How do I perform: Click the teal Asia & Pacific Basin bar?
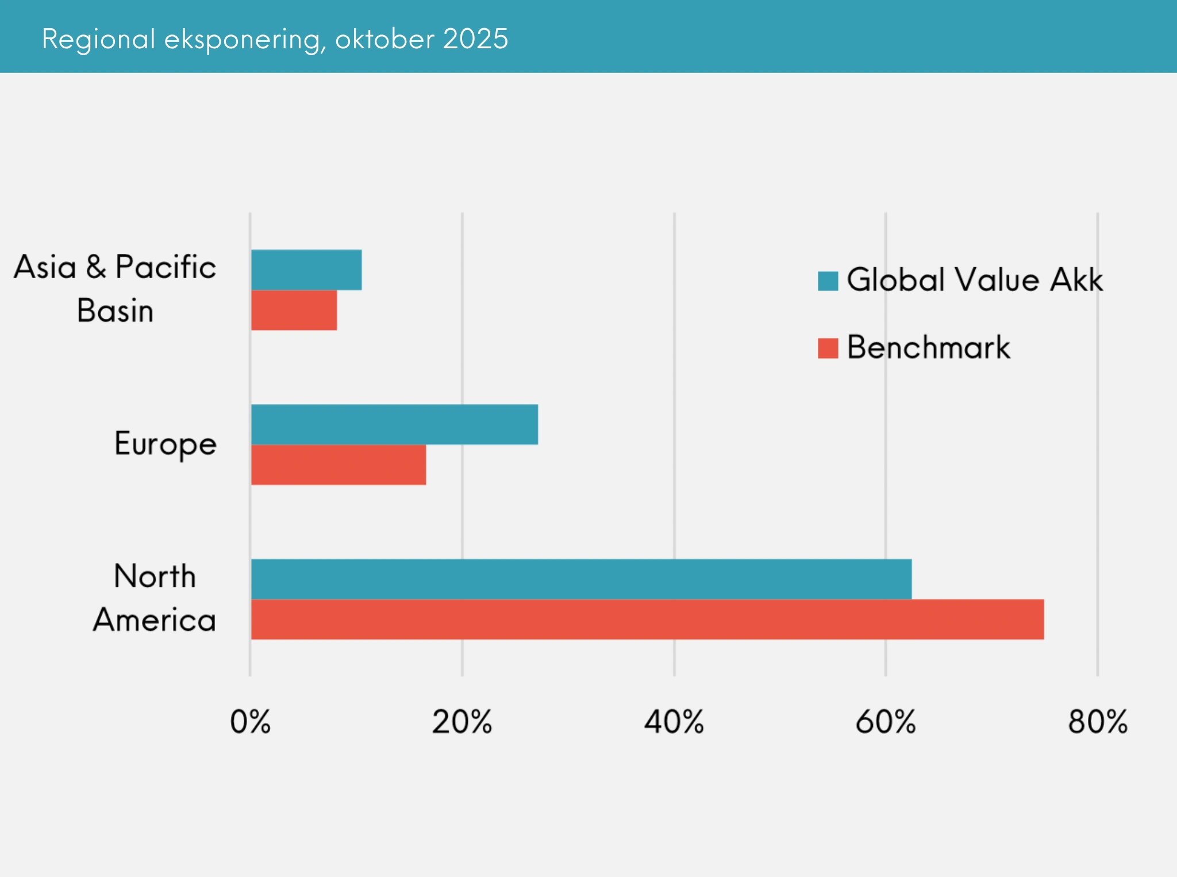[306, 270]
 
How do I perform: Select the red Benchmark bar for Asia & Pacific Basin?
[294, 310]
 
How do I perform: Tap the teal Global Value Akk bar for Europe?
[394, 424]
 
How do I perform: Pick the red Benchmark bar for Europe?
[339, 464]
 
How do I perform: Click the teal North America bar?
[581, 579]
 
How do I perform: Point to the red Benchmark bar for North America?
[647, 619]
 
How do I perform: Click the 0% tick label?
[250, 722]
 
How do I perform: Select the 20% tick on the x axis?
[462, 722]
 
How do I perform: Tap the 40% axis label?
[674, 722]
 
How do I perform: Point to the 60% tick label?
[885, 722]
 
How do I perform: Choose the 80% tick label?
[1098, 722]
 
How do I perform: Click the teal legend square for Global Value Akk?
[828, 281]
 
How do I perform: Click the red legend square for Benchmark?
[828, 348]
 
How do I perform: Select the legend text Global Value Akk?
[975, 280]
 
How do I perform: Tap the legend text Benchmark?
[928, 347]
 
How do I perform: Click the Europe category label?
[166, 444]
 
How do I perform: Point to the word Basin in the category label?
[115, 311]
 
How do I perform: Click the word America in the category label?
[155, 620]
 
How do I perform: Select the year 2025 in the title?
[475, 39]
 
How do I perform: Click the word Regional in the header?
[99, 40]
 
